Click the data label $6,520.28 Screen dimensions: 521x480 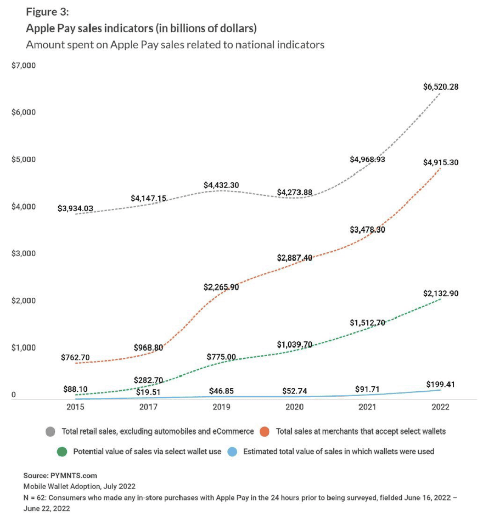441,87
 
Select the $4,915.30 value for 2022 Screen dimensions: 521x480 441,163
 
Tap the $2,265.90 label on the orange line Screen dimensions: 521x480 221,287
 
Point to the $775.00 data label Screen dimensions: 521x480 221,357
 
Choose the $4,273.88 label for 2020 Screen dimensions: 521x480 294,192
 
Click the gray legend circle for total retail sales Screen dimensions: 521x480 51,431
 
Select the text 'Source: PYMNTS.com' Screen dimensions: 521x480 60,475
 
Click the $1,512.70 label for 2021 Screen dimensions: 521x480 368,323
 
